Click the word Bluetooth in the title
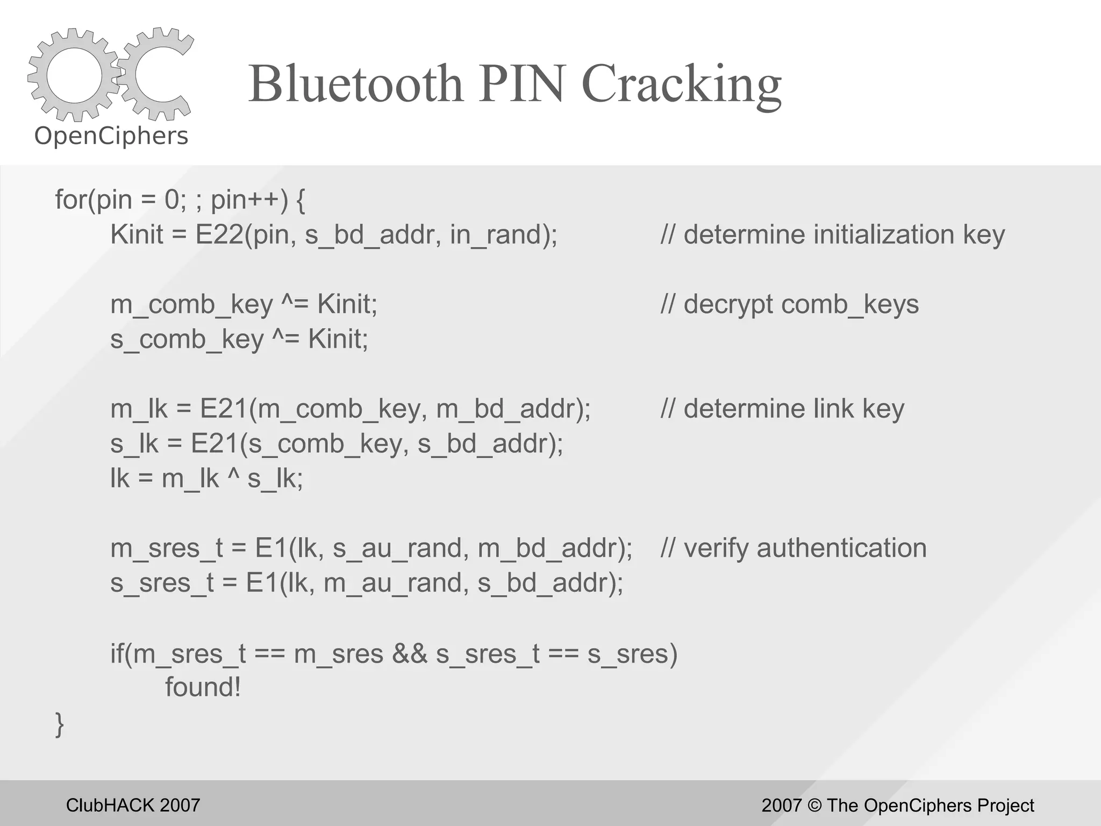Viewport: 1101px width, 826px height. click(355, 84)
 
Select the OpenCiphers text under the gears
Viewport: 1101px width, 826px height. click(111, 136)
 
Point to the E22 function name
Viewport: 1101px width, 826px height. click(219, 234)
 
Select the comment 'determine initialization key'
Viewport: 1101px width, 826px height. click(832, 234)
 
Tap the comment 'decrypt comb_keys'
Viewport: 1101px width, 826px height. click(789, 304)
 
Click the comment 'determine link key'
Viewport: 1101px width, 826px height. click(782, 409)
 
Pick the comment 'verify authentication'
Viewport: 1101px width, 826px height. click(793, 548)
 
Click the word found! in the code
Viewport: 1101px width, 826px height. click(203, 687)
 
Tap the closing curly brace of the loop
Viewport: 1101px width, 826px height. click(60, 724)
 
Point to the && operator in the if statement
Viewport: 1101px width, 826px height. click(410, 654)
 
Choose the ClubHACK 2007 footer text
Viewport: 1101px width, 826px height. click(133, 805)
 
